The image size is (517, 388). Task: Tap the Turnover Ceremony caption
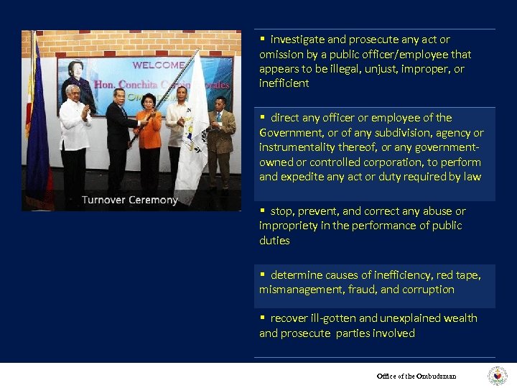(x=129, y=200)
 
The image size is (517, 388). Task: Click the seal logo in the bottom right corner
(x=498, y=376)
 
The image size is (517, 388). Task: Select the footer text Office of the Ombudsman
(x=416, y=376)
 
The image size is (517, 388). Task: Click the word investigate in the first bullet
(x=297, y=40)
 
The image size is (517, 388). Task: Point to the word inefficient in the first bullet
(x=284, y=83)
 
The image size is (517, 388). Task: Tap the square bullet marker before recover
(x=263, y=318)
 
